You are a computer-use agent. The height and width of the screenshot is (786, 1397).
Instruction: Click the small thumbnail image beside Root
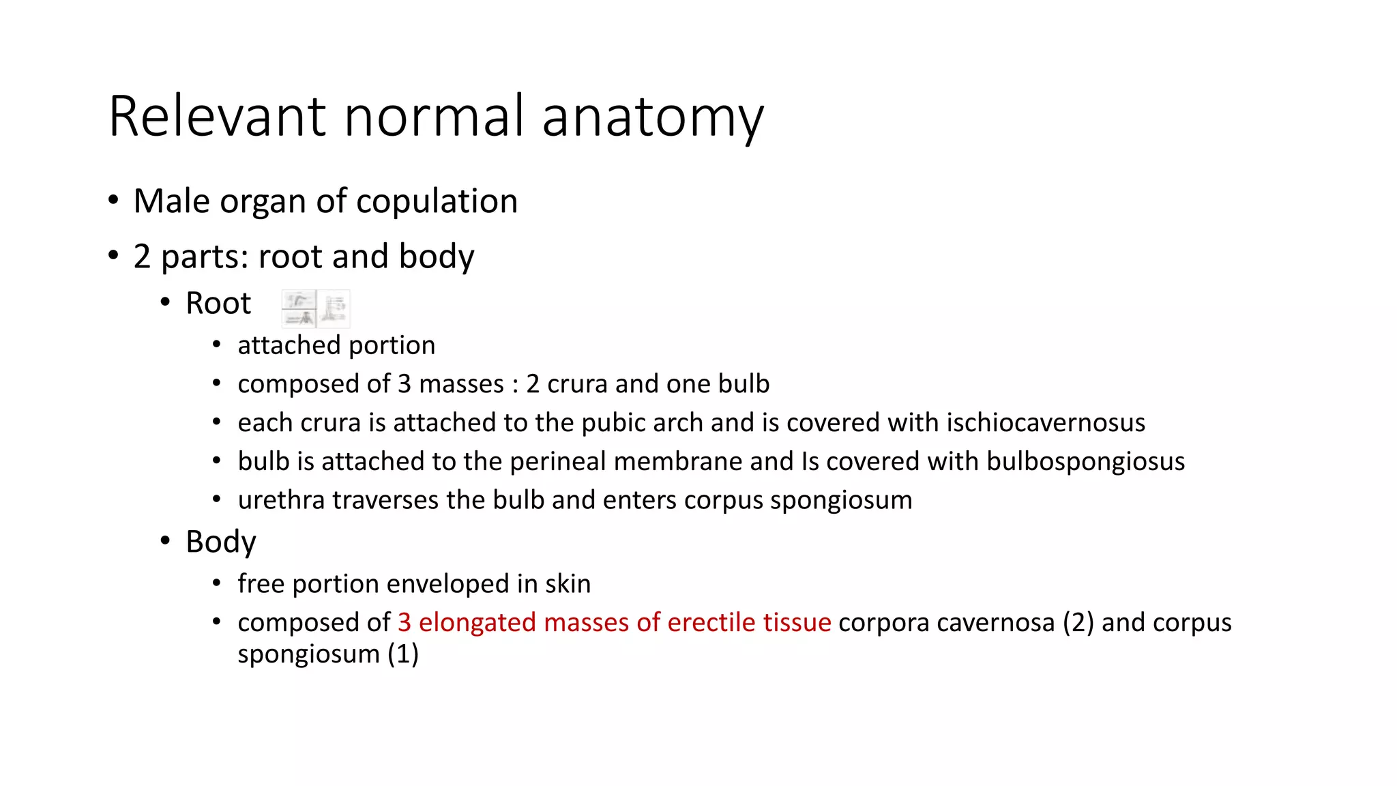(316, 308)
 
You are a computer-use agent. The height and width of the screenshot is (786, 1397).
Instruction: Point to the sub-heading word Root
(218, 304)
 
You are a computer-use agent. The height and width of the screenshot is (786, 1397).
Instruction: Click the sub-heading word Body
(220, 542)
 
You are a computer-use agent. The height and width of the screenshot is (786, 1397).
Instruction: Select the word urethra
(281, 500)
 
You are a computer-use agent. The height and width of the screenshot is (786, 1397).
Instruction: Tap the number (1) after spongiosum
(403, 654)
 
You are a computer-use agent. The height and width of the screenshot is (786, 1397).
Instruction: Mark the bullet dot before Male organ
(113, 201)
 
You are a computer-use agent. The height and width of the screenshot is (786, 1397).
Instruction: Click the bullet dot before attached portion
(216, 345)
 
